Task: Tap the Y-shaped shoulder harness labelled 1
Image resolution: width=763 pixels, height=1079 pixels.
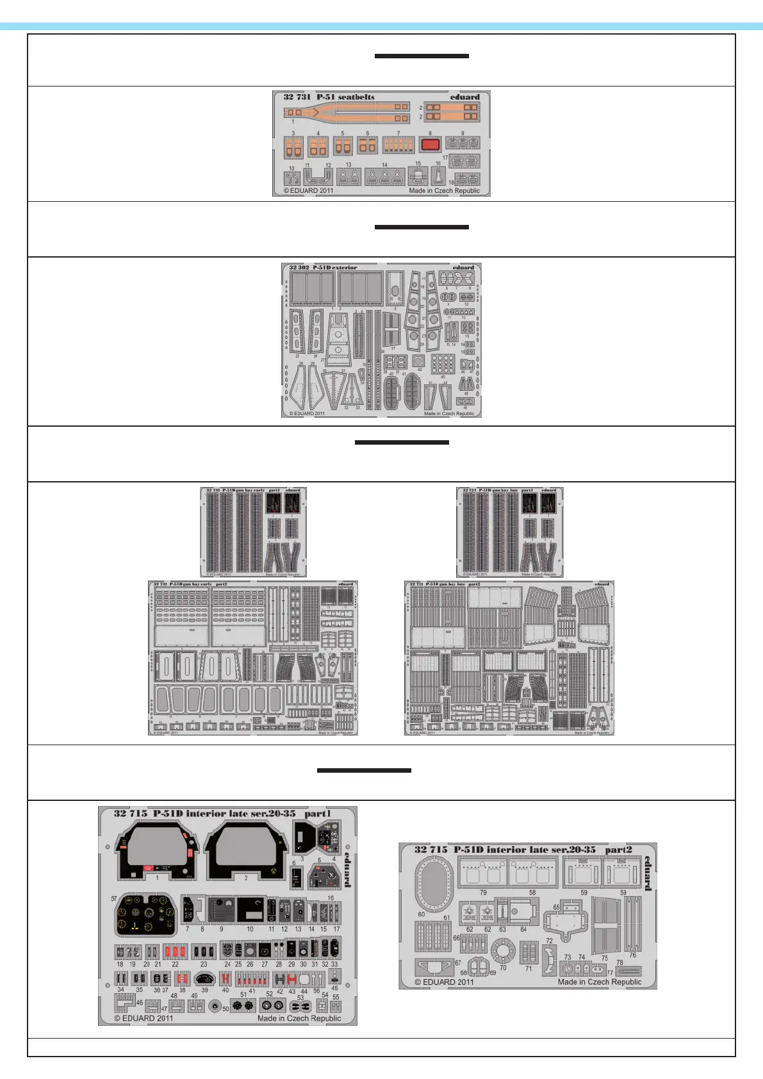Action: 346,113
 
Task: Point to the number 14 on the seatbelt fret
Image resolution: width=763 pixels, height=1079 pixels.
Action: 384,165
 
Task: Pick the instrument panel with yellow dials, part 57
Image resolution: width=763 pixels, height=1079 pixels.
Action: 145,915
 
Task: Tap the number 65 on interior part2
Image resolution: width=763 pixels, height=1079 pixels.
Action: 557,907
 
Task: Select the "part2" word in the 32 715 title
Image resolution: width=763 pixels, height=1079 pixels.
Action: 618,850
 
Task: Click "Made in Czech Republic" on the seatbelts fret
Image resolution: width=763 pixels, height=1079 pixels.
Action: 444,190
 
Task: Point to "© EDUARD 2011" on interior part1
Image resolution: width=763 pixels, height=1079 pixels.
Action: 144,1018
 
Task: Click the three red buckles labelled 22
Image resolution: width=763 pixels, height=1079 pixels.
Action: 175,951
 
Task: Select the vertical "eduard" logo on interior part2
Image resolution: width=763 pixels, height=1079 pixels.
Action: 648,873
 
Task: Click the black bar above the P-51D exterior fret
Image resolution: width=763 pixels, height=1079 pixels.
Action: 422,227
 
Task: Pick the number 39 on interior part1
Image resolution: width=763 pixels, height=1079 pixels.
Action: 204,990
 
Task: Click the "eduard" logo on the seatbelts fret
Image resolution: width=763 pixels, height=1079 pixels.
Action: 464,97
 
